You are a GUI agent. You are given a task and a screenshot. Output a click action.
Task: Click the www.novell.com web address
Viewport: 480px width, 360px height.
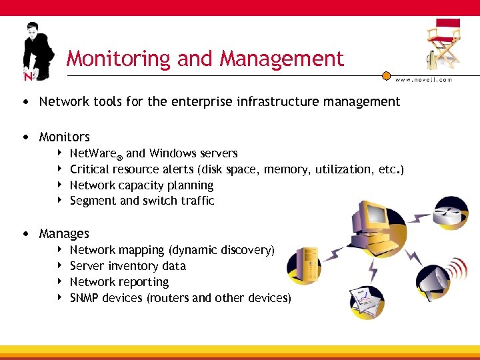click(x=423, y=80)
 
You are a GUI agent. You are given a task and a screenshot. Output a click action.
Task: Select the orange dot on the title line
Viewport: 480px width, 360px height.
click(x=385, y=75)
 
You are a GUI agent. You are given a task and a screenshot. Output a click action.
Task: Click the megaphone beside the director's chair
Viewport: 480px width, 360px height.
click(x=432, y=59)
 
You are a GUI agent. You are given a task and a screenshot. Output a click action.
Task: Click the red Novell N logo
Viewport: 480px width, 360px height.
click(x=27, y=75)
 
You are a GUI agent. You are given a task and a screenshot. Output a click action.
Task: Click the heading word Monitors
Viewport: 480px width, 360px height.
click(x=64, y=137)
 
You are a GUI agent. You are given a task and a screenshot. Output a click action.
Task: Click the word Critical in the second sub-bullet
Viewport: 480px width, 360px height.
click(x=90, y=169)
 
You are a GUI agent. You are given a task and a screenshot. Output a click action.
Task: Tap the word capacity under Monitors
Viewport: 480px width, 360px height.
click(x=145, y=185)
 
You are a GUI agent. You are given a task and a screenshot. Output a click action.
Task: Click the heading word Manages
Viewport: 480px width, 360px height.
click(x=64, y=234)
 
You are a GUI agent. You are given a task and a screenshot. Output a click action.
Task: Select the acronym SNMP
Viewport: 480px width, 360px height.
click(x=85, y=298)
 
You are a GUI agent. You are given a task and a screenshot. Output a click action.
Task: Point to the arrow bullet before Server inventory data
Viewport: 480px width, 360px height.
click(x=59, y=266)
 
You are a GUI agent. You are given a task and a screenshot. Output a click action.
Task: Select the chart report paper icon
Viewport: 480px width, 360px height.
click(x=365, y=301)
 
